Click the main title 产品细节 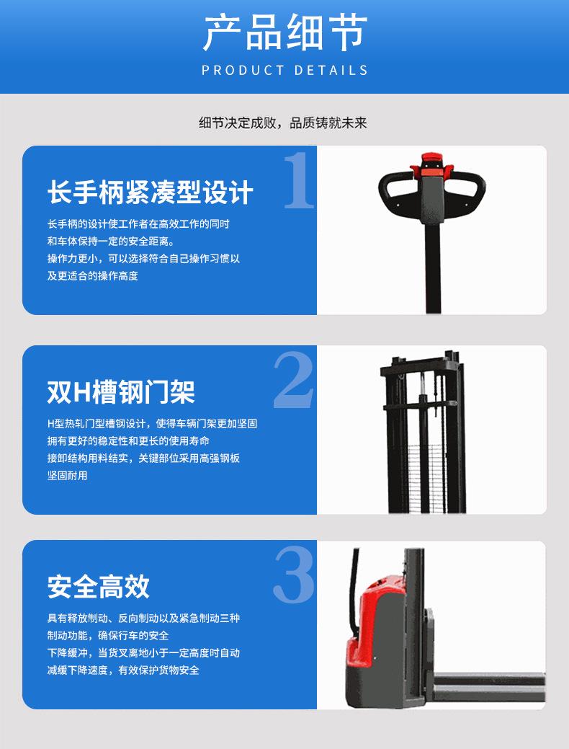tap(284, 32)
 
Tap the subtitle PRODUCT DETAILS tap(284, 71)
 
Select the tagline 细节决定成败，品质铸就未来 tap(283, 123)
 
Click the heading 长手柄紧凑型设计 tap(151, 192)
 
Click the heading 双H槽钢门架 tap(121, 392)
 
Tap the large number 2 tap(294, 381)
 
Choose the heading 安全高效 tap(99, 587)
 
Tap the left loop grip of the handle tap(395, 192)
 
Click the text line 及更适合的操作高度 tap(92, 276)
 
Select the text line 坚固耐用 tap(67, 476)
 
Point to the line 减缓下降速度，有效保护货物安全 tap(123, 670)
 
